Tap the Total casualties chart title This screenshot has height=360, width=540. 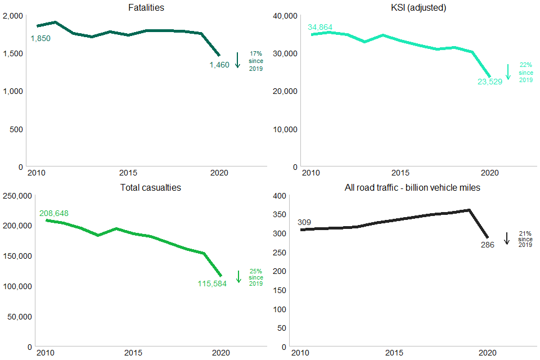[151, 187]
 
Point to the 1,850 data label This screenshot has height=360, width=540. [40, 38]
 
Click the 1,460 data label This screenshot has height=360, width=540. [219, 65]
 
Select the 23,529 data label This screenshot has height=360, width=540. [490, 82]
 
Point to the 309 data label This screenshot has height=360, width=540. [305, 222]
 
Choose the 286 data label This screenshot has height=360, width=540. [488, 245]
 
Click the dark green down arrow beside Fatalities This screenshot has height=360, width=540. [237, 60]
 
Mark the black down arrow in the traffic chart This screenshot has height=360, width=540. [506, 238]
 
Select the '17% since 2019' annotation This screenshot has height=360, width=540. [256, 61]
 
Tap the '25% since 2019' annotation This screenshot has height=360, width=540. [256, 277]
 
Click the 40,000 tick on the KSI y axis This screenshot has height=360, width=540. [286, 16]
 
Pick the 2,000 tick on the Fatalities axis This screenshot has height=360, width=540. [12, 16]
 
